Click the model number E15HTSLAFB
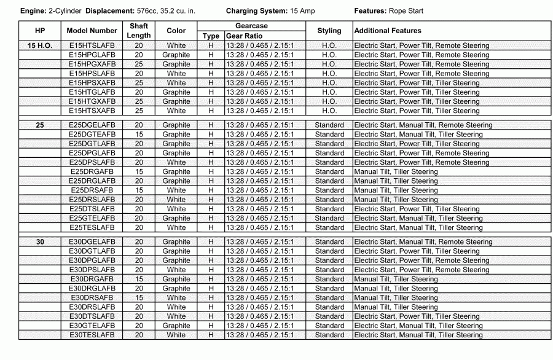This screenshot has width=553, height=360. tap(92, 45)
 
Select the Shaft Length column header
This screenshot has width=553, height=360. tap(138, 31)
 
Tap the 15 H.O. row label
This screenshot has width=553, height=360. tap(40, 45)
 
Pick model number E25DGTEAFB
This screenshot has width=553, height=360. tap(92, 135)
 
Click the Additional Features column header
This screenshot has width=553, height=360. tap(388, 31)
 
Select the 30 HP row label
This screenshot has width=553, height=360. tap(40, 242)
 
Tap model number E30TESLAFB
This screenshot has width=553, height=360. tap(92, 335)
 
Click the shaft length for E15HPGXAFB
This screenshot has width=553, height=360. tap(139, 64)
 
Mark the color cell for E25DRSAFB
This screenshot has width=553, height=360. tap(176, 190)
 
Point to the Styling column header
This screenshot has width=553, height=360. tap(329, 31)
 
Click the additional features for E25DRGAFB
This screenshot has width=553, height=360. tap(396, 172)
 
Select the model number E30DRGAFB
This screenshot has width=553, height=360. tap(92, 279)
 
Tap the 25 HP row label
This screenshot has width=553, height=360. tap(40, 125)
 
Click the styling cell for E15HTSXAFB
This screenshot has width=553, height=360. tap(329, 111)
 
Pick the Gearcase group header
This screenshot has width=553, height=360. tap(251, 26)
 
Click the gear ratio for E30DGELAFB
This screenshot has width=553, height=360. tap(260, 242)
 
